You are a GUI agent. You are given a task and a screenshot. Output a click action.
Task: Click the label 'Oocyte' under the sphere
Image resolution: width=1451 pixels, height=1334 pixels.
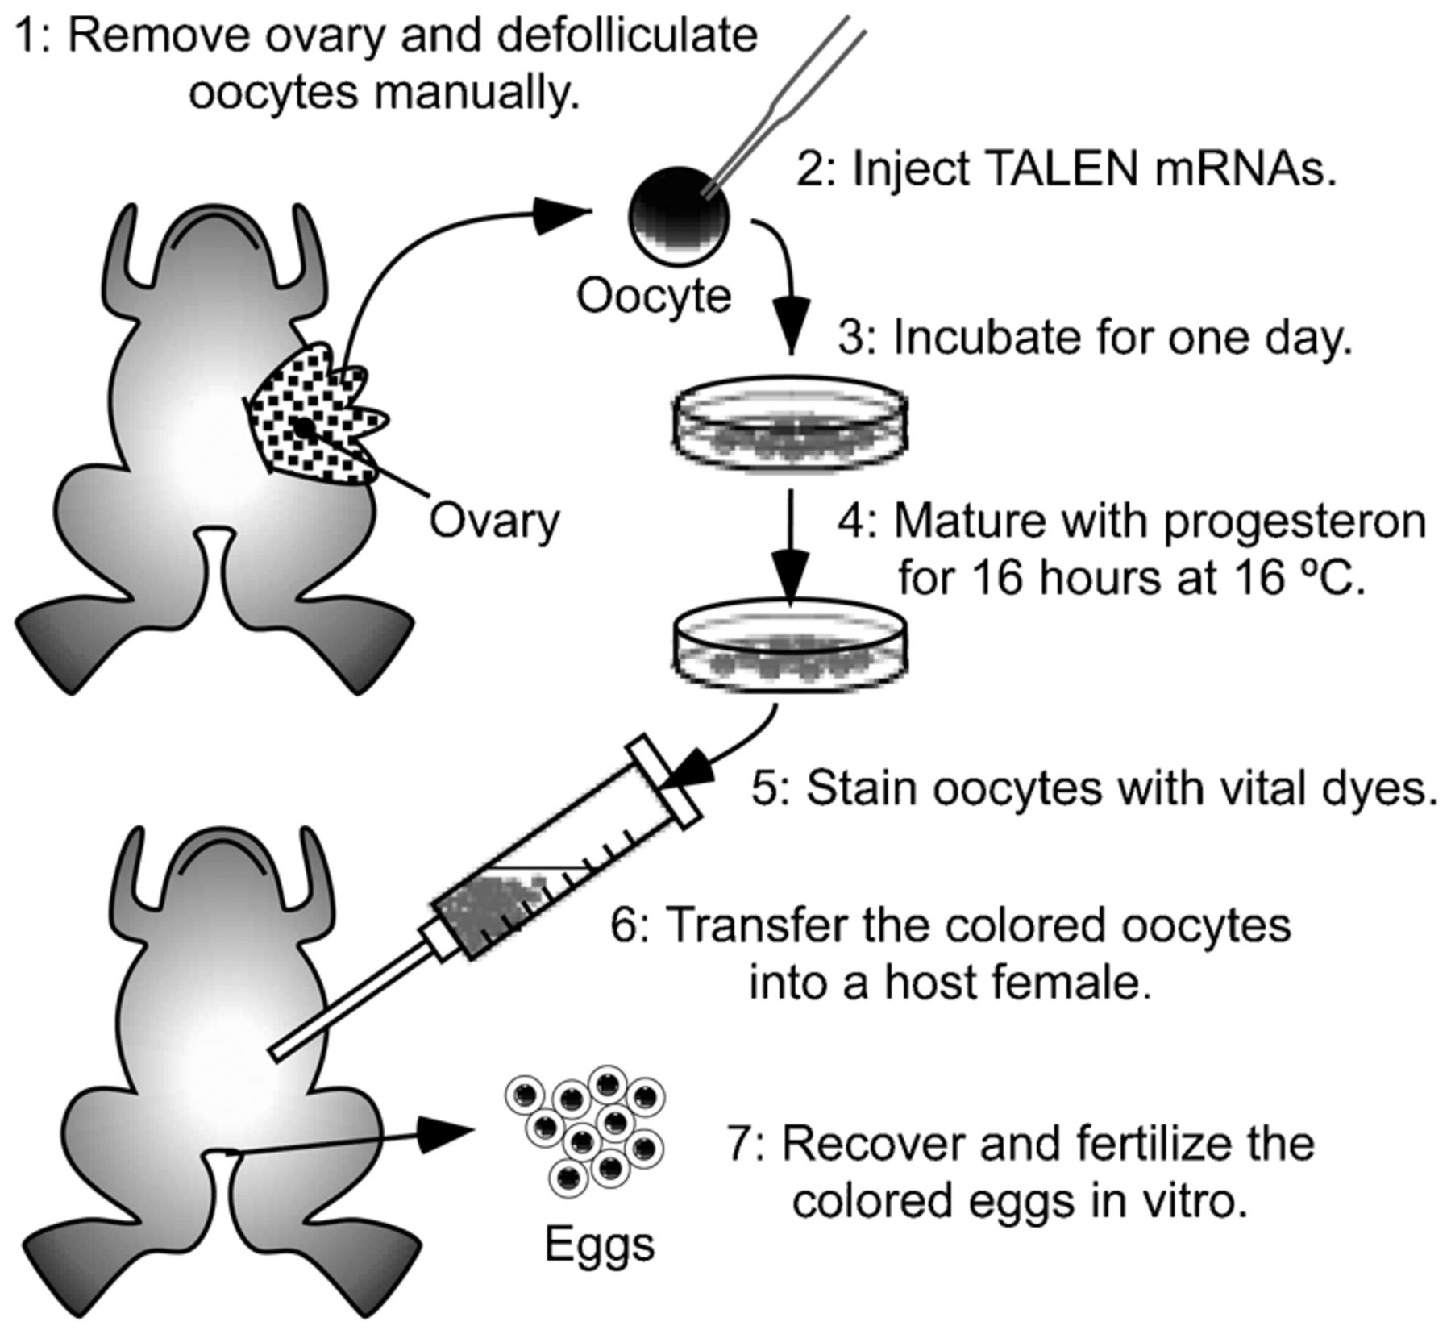click(x=653, y=297)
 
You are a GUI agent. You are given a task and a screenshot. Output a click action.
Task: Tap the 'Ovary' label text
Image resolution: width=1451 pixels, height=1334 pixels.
click(x=493, y=522)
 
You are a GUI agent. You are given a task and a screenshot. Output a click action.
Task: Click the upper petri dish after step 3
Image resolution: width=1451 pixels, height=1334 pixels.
click(x=790, y=423)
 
